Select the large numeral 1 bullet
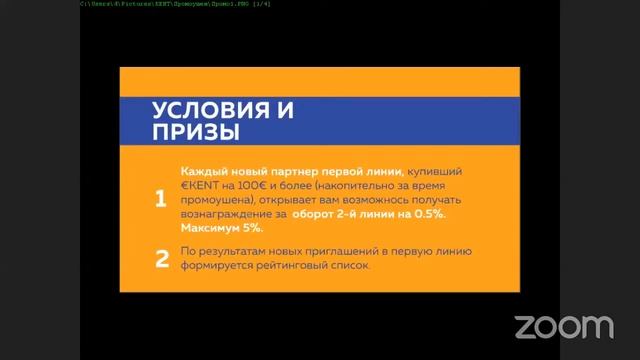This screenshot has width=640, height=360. click(x=160, y=199)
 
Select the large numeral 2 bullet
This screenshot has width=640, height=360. click(x=160, y=260)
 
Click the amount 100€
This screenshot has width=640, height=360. click(x=251, y=186)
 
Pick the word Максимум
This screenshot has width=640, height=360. click(x=212, y=228)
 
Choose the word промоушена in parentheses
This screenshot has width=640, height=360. click(x=219, y=200)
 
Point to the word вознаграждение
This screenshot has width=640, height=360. click(x=229, y=214)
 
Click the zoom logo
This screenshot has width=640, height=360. click(x=563, y=326)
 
